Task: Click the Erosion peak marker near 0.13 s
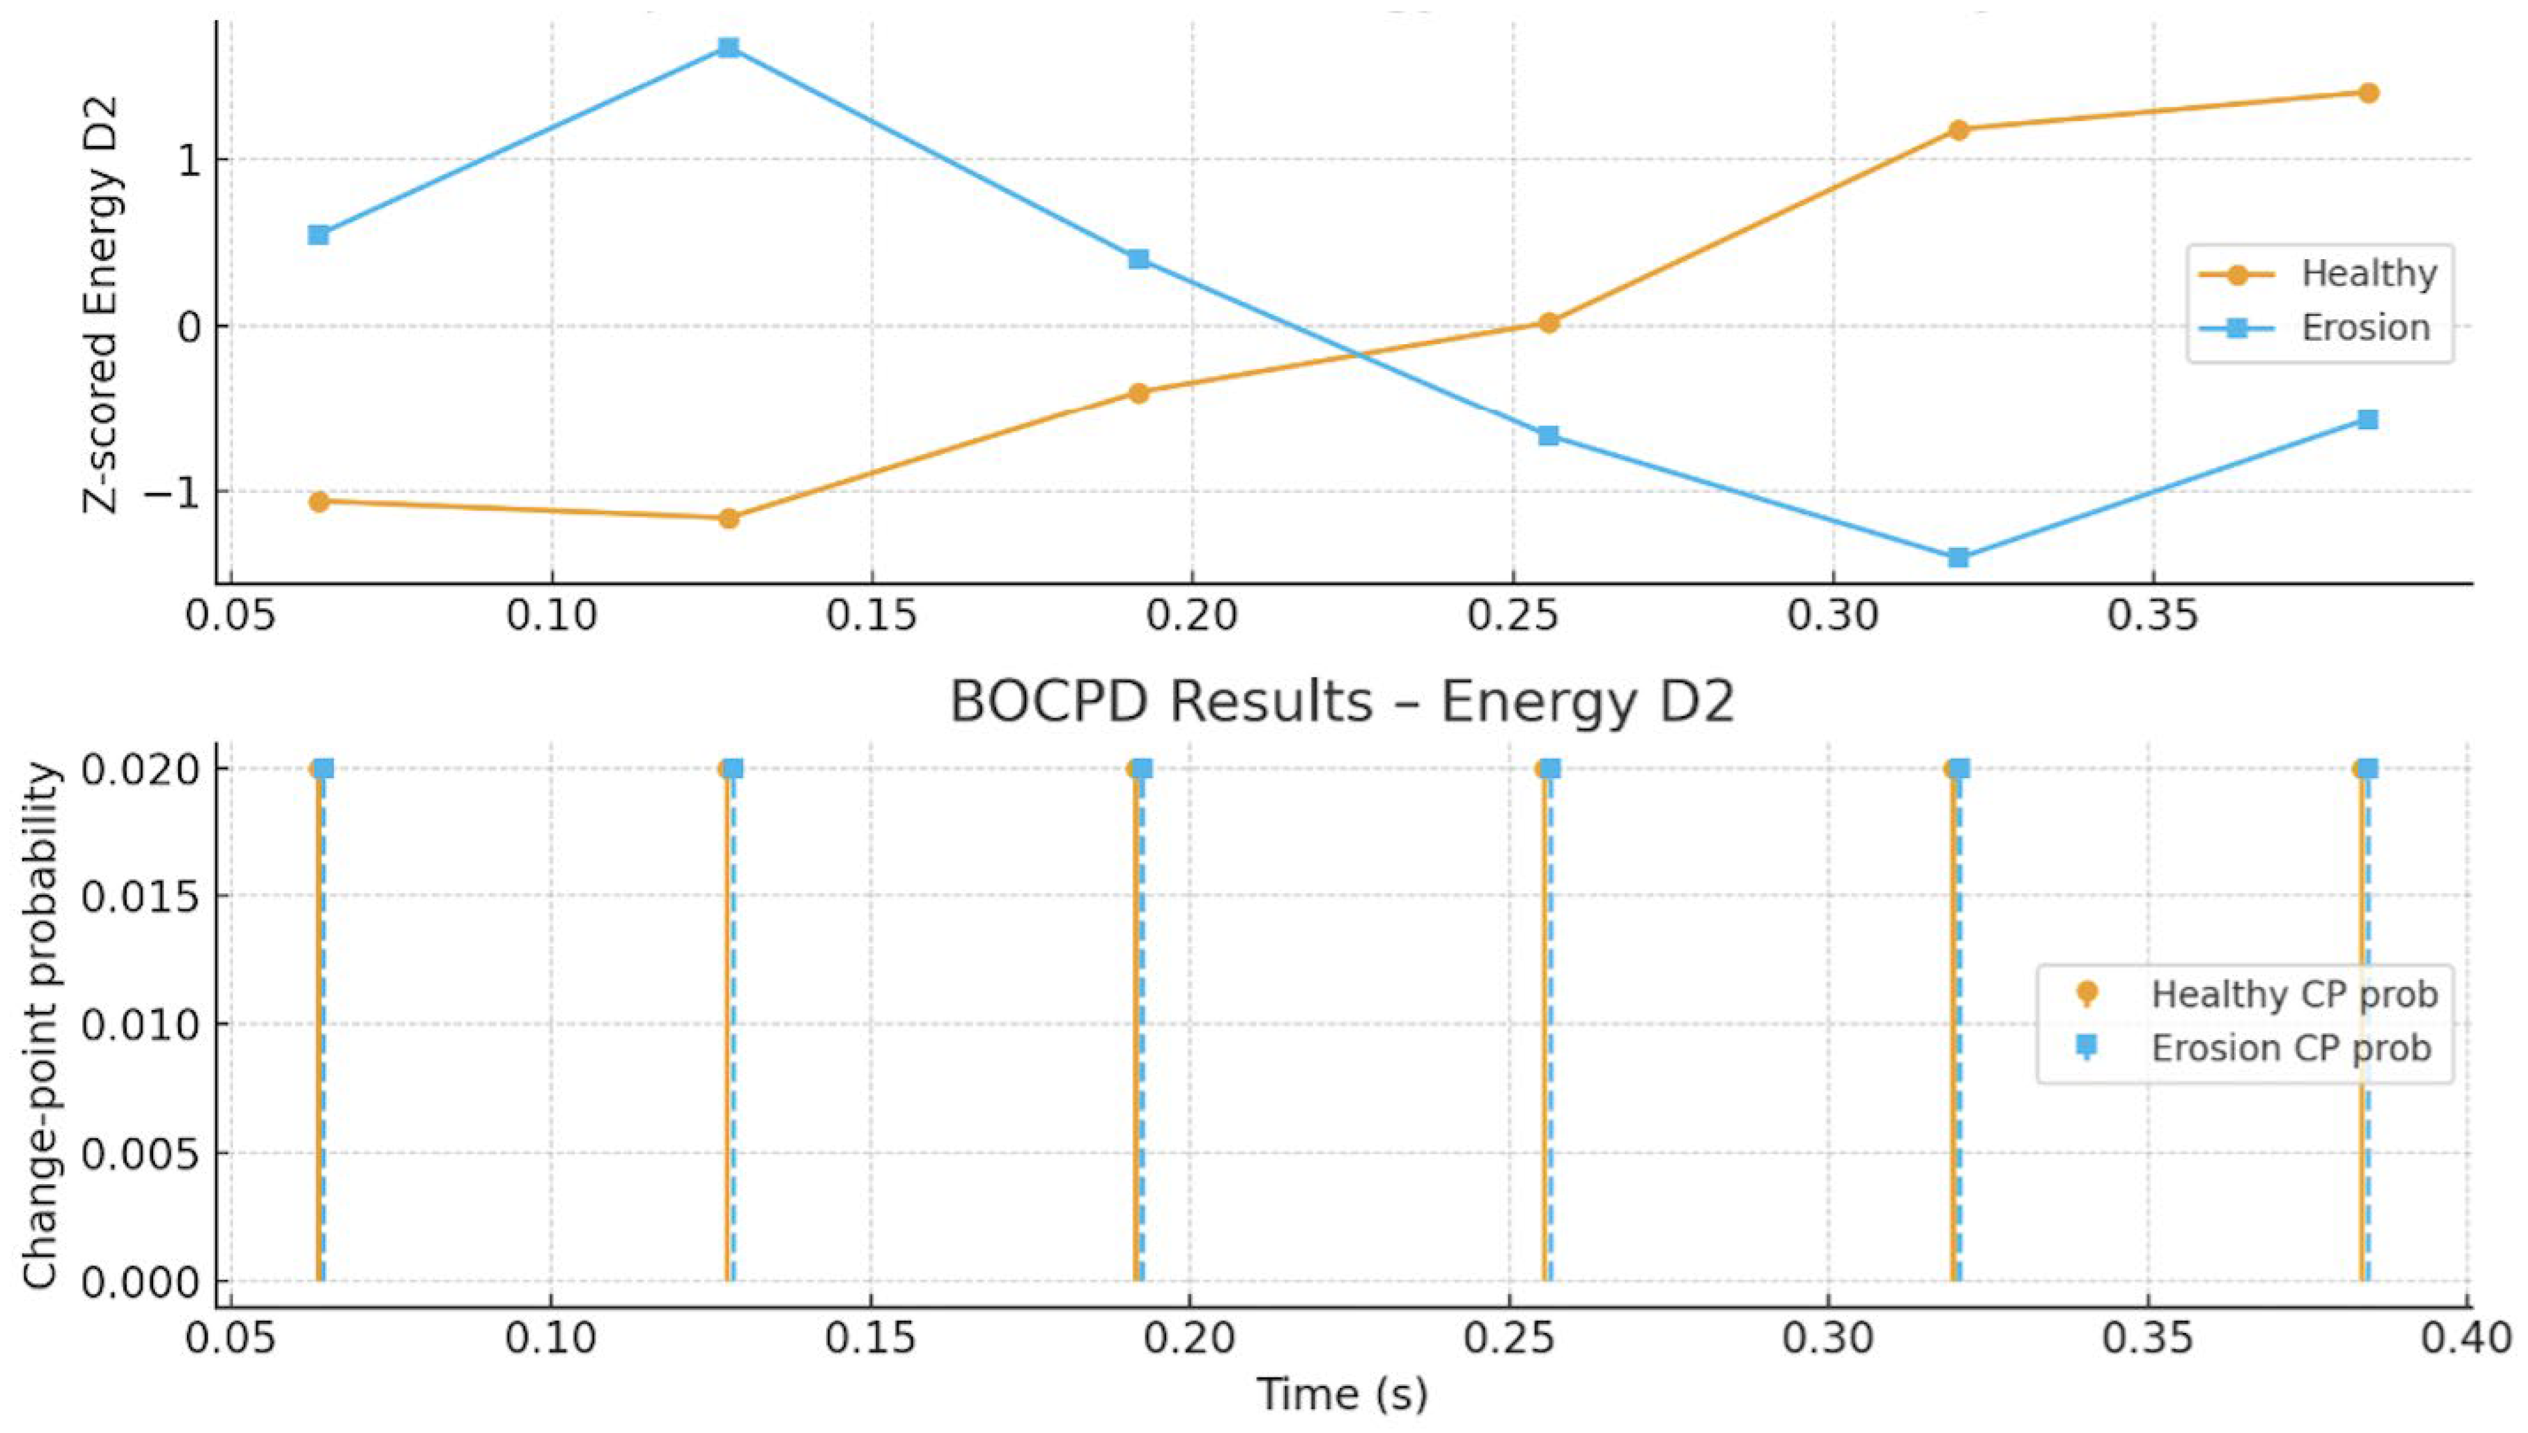(x=728, y=47)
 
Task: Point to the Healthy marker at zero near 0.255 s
(x=1549, y=323)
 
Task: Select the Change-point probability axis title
(x=41, y=1023)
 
